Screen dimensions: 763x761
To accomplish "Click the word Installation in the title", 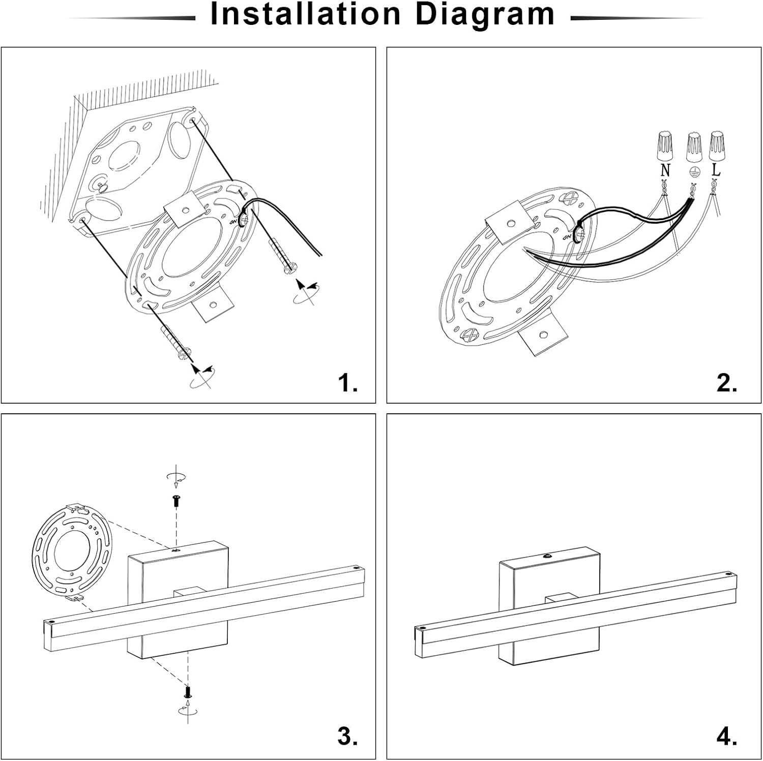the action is click(x=306, y=14).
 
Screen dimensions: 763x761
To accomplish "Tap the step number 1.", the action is click(x=348, y=382).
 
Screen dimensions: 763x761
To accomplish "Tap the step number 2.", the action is click(x=727, y=382).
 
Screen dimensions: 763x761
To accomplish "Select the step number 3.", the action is click(x=347, y=736).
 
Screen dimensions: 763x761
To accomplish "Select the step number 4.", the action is click(x=727, y=736).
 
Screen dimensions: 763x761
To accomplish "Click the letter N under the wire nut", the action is click(x=665, y=170).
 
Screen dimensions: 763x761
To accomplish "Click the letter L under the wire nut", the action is click(x=716, y=169).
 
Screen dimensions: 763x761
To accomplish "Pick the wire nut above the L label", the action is click(x=717, y=144).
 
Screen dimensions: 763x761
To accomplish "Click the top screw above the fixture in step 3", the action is click(x=177, y=501).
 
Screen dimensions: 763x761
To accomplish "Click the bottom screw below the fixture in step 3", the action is click(x=188, y=692).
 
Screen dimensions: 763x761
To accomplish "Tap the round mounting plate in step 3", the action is click(x=71, y=552).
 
